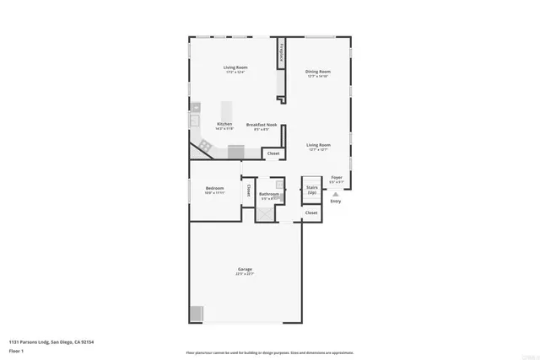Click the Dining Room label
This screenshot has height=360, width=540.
click(318, 72)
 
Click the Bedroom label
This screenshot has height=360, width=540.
click(214, 188)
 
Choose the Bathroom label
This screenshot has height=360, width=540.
click(269, 194)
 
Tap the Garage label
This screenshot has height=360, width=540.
click(245, 270)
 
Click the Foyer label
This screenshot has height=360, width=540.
click(337, 178)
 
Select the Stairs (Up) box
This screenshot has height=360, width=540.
click(311, 189)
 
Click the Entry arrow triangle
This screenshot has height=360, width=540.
click(335, 194)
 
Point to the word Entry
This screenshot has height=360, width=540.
click(335, 201)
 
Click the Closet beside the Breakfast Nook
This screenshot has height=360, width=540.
click(273, 153)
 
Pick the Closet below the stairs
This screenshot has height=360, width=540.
click(311, 213)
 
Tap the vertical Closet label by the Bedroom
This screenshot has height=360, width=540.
click(248, 191)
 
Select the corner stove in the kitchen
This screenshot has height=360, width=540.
click(205, 146)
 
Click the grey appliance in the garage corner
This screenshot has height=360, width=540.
click(196, 314)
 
